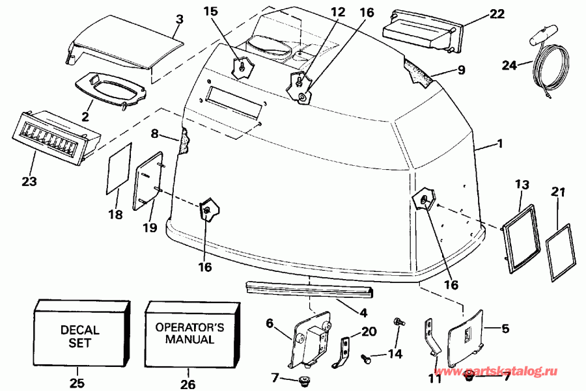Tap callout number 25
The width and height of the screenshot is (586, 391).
click(x=77, y=383)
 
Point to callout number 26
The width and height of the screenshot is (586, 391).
click(x=186, y=383)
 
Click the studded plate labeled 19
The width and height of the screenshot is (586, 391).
click(x=148, y=180)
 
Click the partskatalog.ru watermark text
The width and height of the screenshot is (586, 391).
click(x=510, y=371)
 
